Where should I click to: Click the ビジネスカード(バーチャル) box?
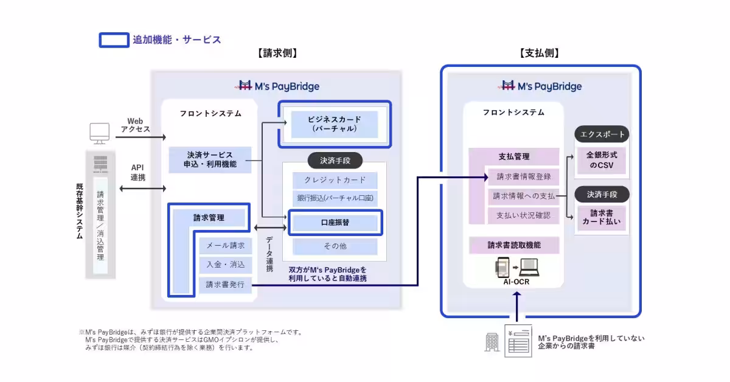(334, 124)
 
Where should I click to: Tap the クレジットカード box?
(335, 180)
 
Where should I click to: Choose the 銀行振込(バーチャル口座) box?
(335, 198)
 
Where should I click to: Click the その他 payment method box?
(335, 246)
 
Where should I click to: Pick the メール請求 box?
(225, 245)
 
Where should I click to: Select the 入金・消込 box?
(225, 265)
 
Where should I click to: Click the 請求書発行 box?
(225, 284)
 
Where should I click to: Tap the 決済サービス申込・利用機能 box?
(210, 159)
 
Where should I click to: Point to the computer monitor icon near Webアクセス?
(99, 132)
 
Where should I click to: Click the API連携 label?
(138, 173)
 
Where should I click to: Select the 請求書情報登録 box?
(523, 177)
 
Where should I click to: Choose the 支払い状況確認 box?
(523, 215)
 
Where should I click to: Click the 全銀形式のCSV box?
(601, 160)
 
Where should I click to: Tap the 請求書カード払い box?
(601, 218)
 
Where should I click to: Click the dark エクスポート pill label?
(601, 134)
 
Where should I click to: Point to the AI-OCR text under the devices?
(516, 281)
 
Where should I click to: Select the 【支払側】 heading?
(540, 54)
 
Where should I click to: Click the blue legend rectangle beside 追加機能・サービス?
(114, 40)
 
